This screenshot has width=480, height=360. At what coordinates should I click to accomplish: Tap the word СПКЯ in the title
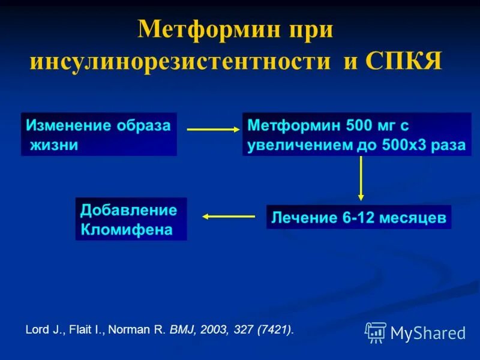click(403, 62)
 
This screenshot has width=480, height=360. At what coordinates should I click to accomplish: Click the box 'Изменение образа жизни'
click(99, 134)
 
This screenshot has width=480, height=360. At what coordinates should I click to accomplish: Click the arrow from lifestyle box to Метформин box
click(212, 129)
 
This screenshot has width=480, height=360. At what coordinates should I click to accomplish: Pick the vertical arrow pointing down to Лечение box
click(361, 178)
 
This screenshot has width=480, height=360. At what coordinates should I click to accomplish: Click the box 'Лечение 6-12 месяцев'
click(358, 217)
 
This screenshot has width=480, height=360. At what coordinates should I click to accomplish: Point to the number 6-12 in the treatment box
click(359, 217)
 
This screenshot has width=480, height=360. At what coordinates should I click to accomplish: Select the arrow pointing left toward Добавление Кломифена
click(229, 217)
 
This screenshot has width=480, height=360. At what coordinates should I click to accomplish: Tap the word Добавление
click(128, 210)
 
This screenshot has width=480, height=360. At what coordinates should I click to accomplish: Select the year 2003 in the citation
click(212, 329)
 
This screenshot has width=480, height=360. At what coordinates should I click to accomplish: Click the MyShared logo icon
click(376, 332)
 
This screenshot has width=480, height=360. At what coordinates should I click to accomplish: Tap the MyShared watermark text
click(428, 333)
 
